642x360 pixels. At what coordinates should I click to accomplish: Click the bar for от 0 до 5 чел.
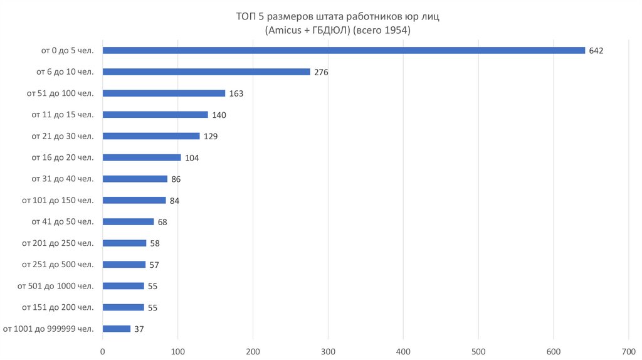pos(344,50)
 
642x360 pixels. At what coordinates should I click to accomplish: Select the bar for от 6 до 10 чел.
pos(206,71)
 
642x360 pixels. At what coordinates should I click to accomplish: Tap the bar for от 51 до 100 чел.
pos(164,93)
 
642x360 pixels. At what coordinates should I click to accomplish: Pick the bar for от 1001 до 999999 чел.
pos(117,329)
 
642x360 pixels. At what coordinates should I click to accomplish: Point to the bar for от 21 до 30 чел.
pos(151,135)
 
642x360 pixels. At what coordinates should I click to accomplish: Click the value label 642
pos(596,51)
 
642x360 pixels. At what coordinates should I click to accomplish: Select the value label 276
pos(321,72)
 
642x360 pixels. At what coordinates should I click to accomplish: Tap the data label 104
pos(192,158)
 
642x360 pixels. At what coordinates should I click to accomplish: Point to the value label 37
pos(139,329)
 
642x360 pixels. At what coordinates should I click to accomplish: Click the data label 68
pos(162,222)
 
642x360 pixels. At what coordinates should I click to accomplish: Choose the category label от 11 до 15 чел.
pos(63,114)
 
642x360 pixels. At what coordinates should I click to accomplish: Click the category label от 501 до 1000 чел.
pos(56,286)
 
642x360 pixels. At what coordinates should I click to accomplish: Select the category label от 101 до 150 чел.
pos(58,200)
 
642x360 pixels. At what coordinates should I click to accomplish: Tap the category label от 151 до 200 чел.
pos(58,307)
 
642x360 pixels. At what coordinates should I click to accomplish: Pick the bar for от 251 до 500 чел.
pos(124,265)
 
